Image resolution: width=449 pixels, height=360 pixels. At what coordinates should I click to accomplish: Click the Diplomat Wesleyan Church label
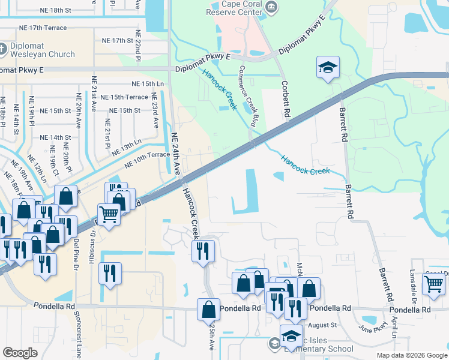(41, 50)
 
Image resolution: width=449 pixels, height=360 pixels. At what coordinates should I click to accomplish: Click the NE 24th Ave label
(176, 154)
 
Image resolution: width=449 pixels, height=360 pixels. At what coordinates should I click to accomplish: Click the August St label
(324, 325)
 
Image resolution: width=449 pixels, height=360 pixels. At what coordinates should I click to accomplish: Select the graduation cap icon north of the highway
(328, 68)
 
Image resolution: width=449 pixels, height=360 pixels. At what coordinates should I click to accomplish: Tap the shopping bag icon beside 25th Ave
(208, 310)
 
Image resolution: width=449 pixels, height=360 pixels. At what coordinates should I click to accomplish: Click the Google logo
(20, 353)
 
